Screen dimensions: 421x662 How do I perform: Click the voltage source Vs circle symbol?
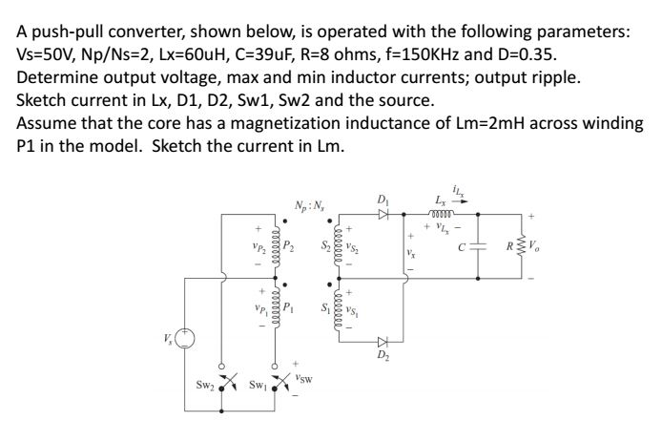(x=186, y=340)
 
